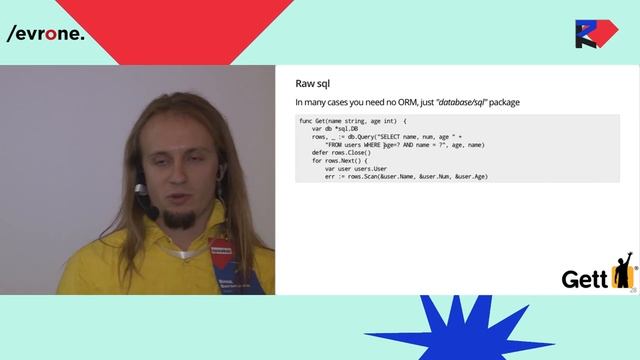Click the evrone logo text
pyautogui.click(x=45, y=34)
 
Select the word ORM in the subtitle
pyautogui.click(x=388, y=103)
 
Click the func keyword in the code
pyautogui.click(x=306, y=121)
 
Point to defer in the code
pyautogui.click(x=320, y=153)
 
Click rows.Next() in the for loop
pyautogui.click(x=346, y=161)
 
